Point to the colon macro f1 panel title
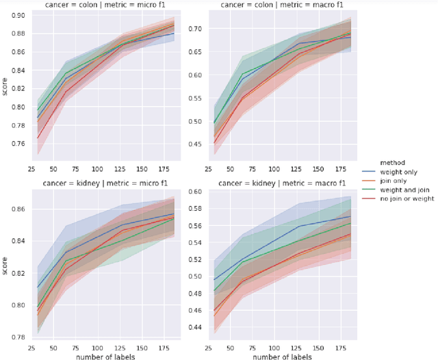tap(272, 5)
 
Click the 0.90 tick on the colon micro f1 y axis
tap(18, 15)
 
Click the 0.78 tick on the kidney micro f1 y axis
tap(18, 337)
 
